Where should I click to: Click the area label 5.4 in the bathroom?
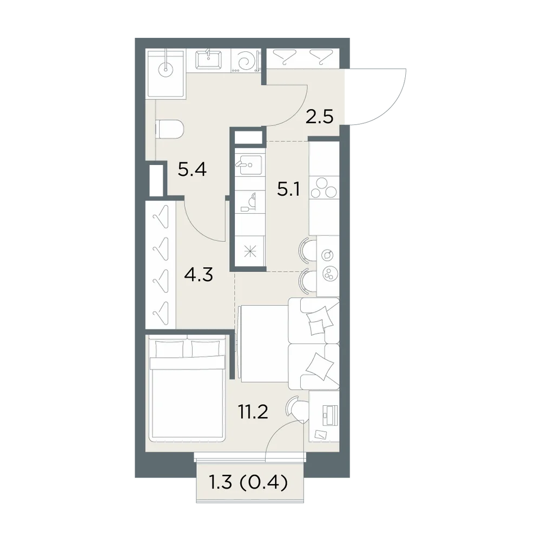tap(192, 170)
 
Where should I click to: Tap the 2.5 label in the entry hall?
tap(320, 117)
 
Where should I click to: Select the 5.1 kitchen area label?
tap(288, 189)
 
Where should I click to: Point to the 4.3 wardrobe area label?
tap(199, 275)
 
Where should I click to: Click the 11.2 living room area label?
tap(253, 412)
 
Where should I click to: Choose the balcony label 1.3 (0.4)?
tap(248, 483)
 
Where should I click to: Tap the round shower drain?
tap(166, 70)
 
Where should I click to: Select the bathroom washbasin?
tap(208, 60)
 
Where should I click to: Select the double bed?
tap(187, 388)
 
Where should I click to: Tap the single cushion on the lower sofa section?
tap(320, 365)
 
